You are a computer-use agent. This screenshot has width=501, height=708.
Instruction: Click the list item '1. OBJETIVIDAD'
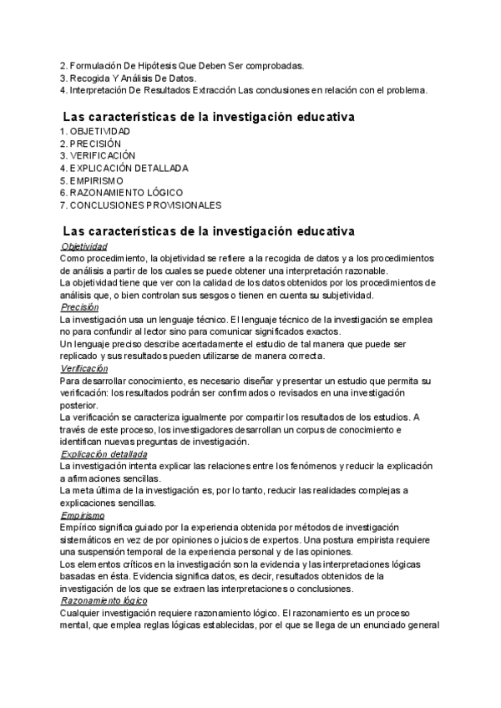coord(95,132)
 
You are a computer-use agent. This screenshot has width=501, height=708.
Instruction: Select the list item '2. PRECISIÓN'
coord(90,144)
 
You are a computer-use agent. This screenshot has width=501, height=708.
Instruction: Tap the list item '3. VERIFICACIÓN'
coord(97,156)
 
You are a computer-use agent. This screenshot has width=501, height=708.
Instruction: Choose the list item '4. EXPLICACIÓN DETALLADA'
coord(124,168)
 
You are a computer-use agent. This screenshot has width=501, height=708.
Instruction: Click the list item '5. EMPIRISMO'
coord(92,180)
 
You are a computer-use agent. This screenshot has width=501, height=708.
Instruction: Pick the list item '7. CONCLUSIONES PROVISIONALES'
coord(141,205)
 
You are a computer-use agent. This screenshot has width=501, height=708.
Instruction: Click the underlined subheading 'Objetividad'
coord(84,247)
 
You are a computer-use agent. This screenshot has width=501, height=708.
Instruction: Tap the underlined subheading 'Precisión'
coord(80,307)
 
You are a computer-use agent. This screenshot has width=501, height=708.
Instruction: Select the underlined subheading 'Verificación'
coord(84,368)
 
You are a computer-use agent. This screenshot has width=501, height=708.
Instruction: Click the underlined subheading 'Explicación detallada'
coord(104,454)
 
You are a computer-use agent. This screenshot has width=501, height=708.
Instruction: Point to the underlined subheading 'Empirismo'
coord(83,515)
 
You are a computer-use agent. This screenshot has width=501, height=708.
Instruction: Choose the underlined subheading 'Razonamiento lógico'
coord(104,600)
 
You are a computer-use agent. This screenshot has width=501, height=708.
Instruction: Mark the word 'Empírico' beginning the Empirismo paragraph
coord(78,528)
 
